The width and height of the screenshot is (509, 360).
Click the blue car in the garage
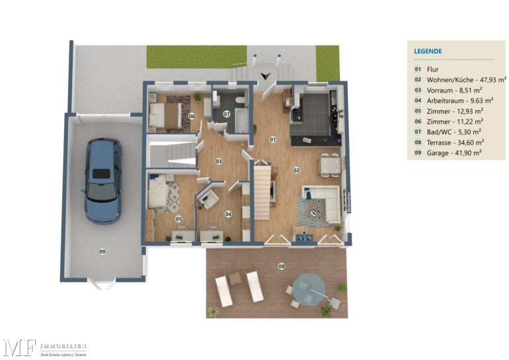pyautogui.click(x=103, y=180)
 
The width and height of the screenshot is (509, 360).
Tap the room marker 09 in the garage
pyautogui.click(x=102, y=252)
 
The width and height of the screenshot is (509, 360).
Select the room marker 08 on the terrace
pyautogui.click(x=282, y=266)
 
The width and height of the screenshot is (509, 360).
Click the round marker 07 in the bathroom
pyautogui.click(x=227, y=114)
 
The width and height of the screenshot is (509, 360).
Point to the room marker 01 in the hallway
pyautogui.click(x=272, y=140)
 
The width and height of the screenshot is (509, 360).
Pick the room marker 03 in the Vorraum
pyautogui.click(x=219, y=161)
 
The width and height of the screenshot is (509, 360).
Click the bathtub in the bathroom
pyautogui.click(x=241, y=121)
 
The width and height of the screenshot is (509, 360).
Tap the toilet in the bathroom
pyautogui.click(x=241, y=99)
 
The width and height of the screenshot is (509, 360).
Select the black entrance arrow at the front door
pyautogui.click(x=266, y=76)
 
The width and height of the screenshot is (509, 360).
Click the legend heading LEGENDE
pyautogui.click(x=428, y=52)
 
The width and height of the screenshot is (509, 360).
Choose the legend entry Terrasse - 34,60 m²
pyautogui.click(x=455, y=143)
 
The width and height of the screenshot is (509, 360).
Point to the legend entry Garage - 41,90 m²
pyautogui.click(x=454, y=153)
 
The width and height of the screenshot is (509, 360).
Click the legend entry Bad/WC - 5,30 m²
pyautogui.click(x=454, y=132)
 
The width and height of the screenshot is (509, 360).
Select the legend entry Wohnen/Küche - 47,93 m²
pyautogui.click(x=467, y=80)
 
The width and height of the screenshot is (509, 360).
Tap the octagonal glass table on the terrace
pyautogui.click(x=309, y=289)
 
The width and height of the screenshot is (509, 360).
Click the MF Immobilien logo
pyautogui.click(x=45, y=348)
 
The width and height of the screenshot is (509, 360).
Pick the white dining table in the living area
pyautogui.click(x=330, y=164)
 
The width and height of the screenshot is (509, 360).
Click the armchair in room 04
pyautogui.click(x=208, y=198)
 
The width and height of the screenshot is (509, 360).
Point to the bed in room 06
pyautogui.click(x=165, y=115)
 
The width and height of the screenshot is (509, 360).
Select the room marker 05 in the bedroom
pyautogui.click(x=179, y=219)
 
